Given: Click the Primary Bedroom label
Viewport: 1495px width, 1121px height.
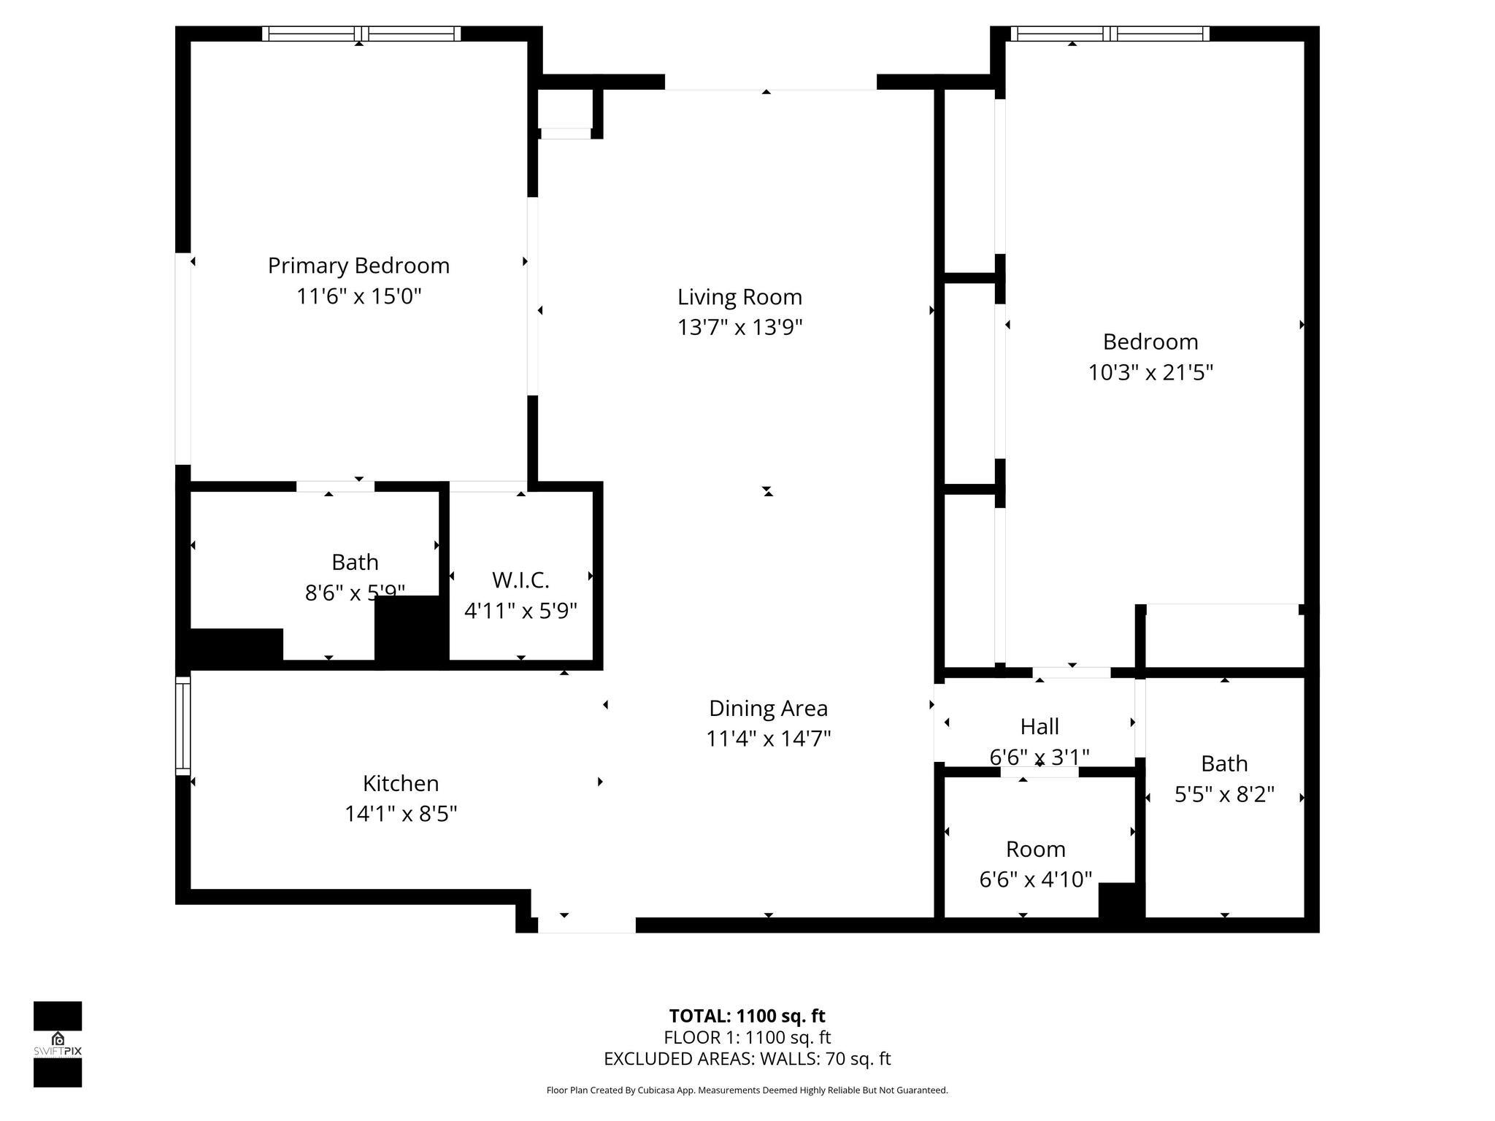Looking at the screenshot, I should click(x=358, y=266).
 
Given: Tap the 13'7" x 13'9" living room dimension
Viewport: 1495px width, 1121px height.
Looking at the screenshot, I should click(x=739, y=328).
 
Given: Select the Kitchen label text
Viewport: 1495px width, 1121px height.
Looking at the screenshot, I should click(x=401, y=783).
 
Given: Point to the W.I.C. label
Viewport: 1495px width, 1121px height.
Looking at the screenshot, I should click(x=520, y=580).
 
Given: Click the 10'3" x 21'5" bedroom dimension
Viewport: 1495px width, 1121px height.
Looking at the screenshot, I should click(x=1150, y=373).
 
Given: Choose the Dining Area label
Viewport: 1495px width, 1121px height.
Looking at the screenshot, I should click(x=768, y=708).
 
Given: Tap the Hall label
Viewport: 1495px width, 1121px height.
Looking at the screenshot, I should click(x=1039, y=726).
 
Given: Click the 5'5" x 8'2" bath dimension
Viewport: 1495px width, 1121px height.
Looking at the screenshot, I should click(x=1224, y=794).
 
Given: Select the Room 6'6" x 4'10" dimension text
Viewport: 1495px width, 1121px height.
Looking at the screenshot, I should click(x=1035, y=879).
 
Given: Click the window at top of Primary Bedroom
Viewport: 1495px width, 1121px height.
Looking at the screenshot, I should click(x=361, y=34).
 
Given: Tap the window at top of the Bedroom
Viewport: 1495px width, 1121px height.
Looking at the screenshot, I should click(x=1110, y=34).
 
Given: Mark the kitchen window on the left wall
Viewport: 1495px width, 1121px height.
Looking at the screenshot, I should click(x=182, y=725).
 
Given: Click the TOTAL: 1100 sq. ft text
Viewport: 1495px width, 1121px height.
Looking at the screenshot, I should click(x=747, y=1016).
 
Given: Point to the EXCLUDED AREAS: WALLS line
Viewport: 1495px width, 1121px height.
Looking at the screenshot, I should click(x=747, y=1059).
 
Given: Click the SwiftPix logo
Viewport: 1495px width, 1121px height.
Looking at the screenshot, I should click(x=58, y=1044).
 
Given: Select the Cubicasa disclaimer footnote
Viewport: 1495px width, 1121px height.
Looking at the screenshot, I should click(x=747, y=1090).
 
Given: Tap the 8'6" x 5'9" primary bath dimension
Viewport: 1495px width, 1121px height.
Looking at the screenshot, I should click(x=355, y=593).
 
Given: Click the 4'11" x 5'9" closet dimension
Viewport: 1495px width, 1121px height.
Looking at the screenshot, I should click(x=520, y=611).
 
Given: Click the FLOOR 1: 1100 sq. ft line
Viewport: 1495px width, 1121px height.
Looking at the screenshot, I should click(x=747, y=1037).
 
